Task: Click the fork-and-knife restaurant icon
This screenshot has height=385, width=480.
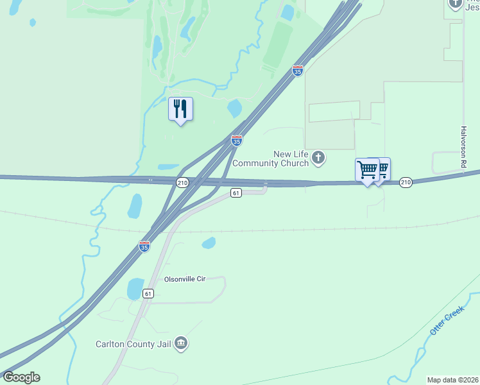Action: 180,109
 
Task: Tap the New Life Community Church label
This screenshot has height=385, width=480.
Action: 291,158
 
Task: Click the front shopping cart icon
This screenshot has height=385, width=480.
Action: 367,170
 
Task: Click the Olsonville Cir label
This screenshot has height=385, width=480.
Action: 184,279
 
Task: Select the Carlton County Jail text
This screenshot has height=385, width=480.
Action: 133,345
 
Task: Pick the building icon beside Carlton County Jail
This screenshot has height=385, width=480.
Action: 181,344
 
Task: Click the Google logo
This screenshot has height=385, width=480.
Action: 21,377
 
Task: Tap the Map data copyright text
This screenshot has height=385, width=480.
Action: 453,380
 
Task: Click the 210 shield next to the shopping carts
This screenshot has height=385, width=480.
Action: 406,183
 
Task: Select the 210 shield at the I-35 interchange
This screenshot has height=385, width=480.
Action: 182,183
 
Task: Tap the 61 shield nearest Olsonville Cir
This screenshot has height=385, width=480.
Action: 148,293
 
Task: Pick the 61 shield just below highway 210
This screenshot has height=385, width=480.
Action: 236,193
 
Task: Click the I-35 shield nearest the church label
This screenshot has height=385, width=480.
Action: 237,140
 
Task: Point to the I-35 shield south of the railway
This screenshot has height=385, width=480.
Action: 144,246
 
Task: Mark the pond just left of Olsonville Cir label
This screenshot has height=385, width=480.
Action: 135,289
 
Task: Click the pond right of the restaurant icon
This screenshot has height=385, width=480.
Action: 234,107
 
